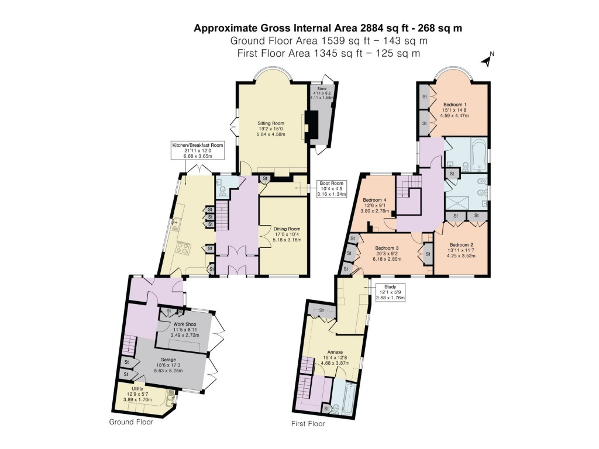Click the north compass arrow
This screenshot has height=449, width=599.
click(x=486, y=59)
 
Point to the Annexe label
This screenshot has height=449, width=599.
click(x=335, y=357)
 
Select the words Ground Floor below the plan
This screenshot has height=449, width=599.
click(x=131, y=422)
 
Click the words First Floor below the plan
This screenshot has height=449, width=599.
click(x=308, y=424)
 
